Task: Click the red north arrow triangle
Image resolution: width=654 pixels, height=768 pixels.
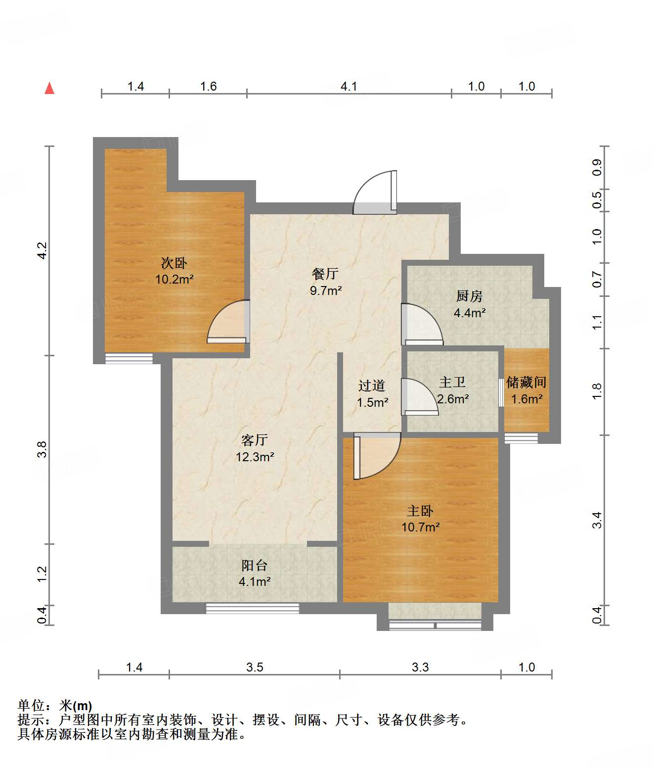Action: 49,89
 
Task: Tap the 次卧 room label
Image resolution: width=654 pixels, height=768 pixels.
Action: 174,263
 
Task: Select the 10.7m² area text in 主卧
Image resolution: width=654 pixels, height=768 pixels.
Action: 421,527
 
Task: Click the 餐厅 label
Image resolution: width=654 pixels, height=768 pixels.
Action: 325,274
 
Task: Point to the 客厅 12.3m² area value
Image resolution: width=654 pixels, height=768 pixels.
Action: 255,457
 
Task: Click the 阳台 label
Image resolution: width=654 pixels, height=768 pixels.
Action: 255,566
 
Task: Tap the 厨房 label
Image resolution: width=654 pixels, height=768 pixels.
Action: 470,296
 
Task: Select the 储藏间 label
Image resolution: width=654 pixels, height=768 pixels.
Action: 526,383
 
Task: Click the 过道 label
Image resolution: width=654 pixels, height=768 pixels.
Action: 372,385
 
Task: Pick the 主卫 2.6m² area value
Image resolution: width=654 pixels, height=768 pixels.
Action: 453,399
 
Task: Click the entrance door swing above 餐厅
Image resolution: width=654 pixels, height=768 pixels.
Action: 375,192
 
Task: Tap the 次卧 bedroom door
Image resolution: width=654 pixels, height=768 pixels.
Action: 228,321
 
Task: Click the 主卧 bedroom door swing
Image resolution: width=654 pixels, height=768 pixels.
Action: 377,456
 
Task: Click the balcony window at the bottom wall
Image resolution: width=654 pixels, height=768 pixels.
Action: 253,608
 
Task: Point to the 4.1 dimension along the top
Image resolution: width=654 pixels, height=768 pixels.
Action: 349,87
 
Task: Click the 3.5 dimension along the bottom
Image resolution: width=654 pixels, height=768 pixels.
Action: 255,668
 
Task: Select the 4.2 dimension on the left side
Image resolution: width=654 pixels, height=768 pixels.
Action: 42,251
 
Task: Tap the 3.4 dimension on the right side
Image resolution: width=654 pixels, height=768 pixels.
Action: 597,520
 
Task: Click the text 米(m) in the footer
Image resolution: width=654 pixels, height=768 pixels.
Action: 76,706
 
